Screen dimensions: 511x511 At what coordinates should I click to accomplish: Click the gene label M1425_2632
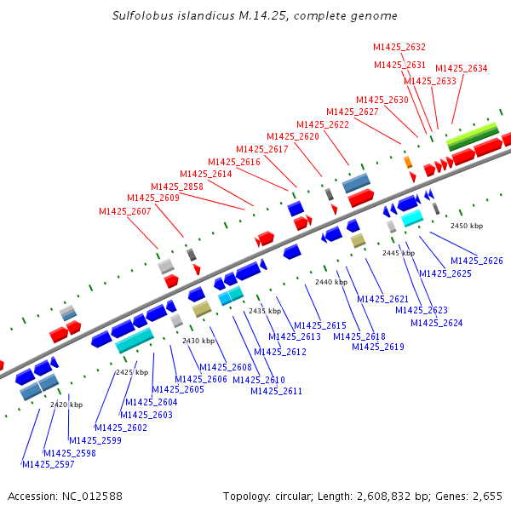tap(399, 48)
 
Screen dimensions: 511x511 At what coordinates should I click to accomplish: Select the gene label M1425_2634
tap(461, 69)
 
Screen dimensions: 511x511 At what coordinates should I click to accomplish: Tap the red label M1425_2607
tap(125, 212)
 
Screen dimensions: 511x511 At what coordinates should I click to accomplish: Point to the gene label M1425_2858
tap(177, 187)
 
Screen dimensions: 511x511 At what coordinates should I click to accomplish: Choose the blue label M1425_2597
tap(48, 464)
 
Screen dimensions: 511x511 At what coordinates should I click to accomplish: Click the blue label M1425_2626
tap(477, 261)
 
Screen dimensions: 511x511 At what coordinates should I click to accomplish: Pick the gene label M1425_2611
tap(276, 392)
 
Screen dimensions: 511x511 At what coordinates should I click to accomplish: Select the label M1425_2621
tap(383, 299)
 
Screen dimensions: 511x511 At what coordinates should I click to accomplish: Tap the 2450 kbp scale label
tap(466, 227)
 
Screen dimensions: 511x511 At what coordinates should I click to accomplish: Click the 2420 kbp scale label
tap(66, 405)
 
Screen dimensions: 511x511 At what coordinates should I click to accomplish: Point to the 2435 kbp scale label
tap(264, 312)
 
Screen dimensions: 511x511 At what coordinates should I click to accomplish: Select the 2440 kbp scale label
tap(331, 282)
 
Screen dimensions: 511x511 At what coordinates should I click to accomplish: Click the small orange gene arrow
tap(408, 162)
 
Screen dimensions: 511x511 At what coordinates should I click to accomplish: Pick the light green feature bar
tap(473, 132)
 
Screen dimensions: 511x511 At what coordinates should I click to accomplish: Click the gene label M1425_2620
tap(293, 137)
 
